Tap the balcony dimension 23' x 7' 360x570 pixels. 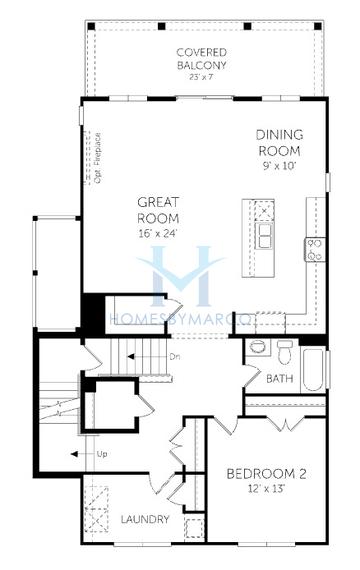click(202, 77)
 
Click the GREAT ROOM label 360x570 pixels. click(158, 210)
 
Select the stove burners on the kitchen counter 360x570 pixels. click(314, 249)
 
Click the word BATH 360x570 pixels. click(279, 377)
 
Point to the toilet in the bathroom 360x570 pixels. click(285, 351)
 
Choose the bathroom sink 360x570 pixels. click(257, 348)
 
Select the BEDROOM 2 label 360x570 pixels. click(265, 473)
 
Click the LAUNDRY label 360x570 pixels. click(145, 520)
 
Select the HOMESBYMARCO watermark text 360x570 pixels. click(180, 319)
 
